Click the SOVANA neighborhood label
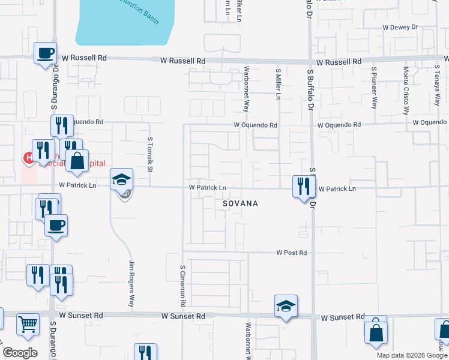click(x=240, y=204)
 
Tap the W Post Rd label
click(x=292, y=253)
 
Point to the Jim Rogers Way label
click(x=131, y=283)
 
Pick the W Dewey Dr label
click(x=400, y=28)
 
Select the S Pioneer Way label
click(x=373, y=87)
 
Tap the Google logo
click(x=20, y=353)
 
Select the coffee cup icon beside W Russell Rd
click(x=46, y=53)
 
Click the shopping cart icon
click(x=28, y=324)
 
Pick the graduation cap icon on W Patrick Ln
click(x=121, y=179)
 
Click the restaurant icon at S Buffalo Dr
click(x=304, y=186)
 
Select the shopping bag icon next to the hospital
click(x=77, y=161)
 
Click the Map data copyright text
click(x=412, y=355)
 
